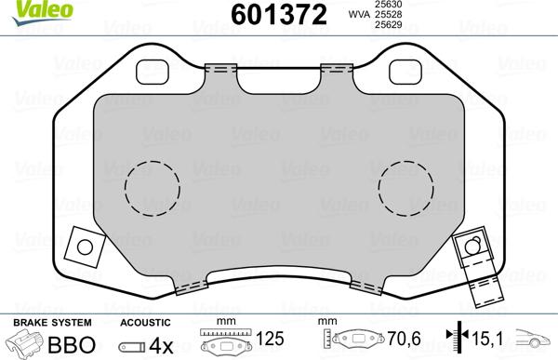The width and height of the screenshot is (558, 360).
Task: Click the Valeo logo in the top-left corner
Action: coord(25,8)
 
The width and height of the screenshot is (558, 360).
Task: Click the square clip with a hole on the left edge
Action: coord(85,247)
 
